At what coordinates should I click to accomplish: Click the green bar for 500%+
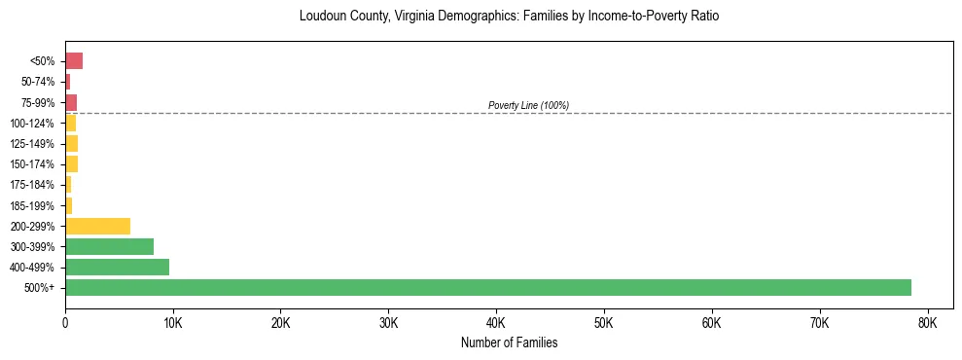[x=487, y=287]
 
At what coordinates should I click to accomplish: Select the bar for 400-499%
[x=117, y=267]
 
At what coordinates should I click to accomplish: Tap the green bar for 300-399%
[x=109, y=246]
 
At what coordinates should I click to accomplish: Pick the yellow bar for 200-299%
[x=97, y=226]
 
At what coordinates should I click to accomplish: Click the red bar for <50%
[x=74, y=61]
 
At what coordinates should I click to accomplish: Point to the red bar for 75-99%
[x=71, y=102]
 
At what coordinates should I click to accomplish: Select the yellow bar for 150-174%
[x=71, y=163]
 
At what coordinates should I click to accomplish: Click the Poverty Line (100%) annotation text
[x=528, y=105]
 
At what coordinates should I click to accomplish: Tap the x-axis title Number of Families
[x=509, y=343]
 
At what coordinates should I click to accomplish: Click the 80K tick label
[x=927, y=323]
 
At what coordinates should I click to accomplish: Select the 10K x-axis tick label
[x=172, y=323]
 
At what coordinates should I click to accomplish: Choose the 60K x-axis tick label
[x=711, y=323]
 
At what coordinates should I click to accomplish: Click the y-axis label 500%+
[x=40, y=288]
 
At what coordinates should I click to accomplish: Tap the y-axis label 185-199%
[x=34, y=205]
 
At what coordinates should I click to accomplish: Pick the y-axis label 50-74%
[x=37, y=82]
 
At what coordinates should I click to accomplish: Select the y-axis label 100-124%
[x=34, y=124]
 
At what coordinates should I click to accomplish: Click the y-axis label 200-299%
[x=34, y=227]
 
